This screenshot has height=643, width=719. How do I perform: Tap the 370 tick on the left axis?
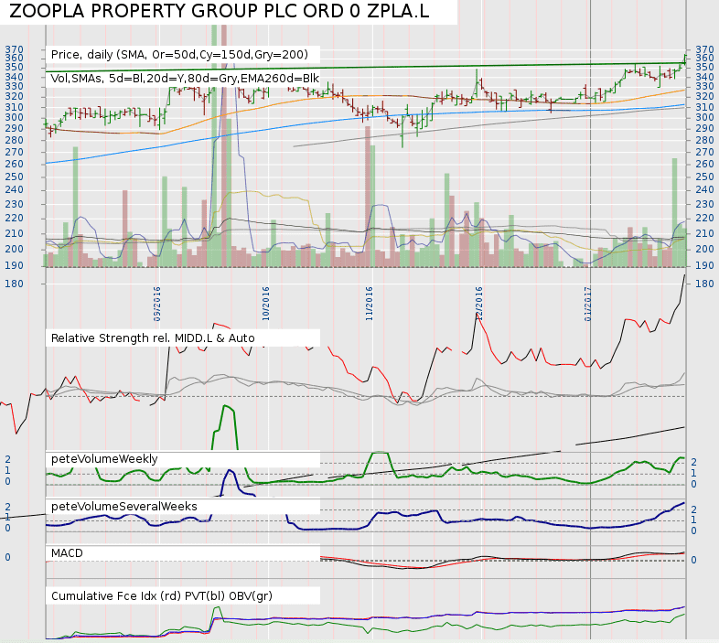pos(15,49)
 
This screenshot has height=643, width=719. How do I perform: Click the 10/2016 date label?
pos(266,304)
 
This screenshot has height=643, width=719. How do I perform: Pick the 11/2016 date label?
pos(370,304)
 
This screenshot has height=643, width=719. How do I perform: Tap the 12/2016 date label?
pos(478,304)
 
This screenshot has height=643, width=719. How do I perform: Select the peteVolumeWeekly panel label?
pos(104,458)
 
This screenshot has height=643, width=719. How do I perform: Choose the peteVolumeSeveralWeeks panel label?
pos(124,506)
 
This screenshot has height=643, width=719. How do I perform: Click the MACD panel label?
pos(68,553)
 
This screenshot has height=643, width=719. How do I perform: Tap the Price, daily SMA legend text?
pos(183,55)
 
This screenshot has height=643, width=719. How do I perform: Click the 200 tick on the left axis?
pos(15,249)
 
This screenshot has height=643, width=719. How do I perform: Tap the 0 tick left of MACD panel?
pos(7,557)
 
